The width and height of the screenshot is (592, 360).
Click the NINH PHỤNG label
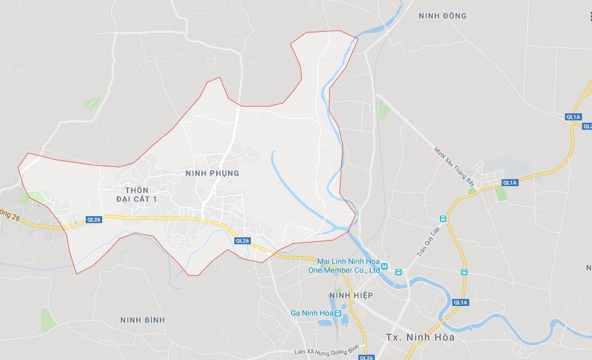point(212,173)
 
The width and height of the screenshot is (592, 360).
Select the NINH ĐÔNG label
point(442,16)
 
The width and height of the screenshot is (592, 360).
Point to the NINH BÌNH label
point(142,320)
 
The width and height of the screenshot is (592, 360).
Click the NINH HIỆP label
point(351,295)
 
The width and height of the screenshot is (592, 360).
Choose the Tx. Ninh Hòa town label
point(420,338)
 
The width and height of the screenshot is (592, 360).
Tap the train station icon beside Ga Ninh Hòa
point(338,314)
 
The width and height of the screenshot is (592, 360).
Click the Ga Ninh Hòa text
point(311,314)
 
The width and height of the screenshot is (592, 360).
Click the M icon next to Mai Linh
point(385,267)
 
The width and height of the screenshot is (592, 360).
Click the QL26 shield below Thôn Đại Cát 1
point(93,220)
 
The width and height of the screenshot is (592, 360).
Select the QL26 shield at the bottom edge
point(366,357)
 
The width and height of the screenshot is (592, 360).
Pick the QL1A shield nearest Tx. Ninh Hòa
point(460,302)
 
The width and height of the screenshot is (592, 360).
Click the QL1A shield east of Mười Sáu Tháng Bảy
point(509,183)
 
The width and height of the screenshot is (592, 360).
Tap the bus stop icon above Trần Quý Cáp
point(443,219)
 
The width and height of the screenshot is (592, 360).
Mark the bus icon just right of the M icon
point(398,272)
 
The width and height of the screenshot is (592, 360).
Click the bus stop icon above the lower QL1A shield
point(464,272)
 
